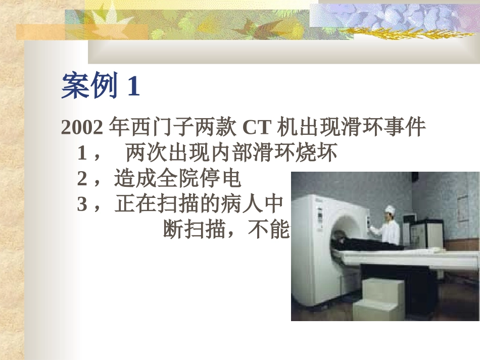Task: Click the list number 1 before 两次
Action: [82, 153]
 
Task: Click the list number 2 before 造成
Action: [82, 179]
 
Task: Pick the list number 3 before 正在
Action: [82, 204]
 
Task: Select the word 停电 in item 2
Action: [225, 179]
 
